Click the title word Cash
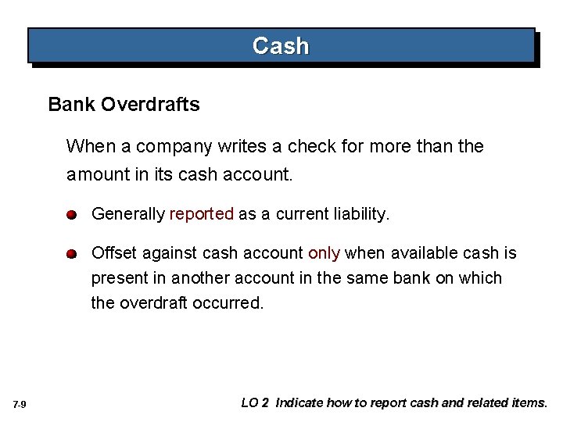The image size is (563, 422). [x=281, y=46]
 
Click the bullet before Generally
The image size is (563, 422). [x=71, y=214]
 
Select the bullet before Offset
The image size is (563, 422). [x=71, y=254]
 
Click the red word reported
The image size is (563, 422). [x=202, y=214]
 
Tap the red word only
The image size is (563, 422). [x=324, y=253]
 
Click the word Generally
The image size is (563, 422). [x=128, y=214]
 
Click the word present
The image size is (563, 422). [x=119, y=278]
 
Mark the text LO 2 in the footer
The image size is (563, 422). [x=255, y=403]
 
